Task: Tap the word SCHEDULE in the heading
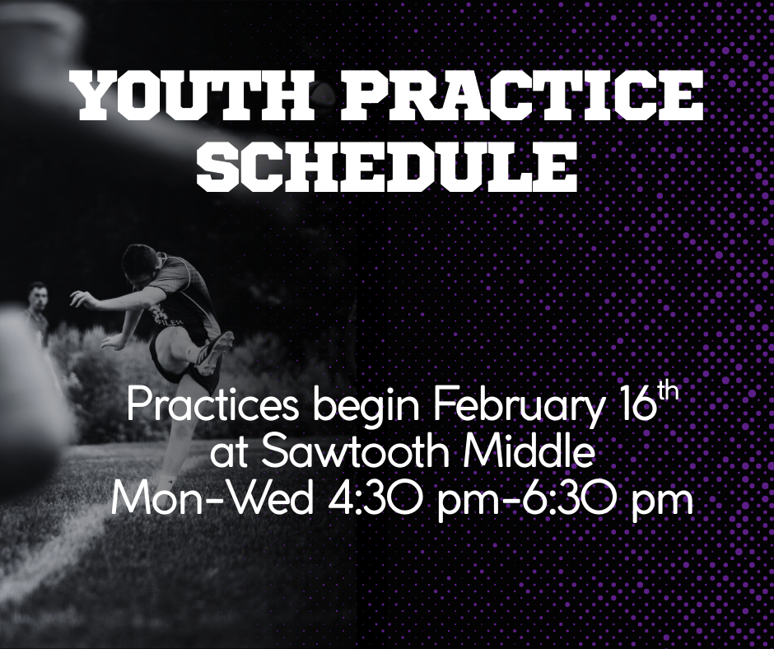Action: pos(387,166)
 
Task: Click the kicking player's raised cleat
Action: pos(216,353)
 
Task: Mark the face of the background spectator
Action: pos(38,298)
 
